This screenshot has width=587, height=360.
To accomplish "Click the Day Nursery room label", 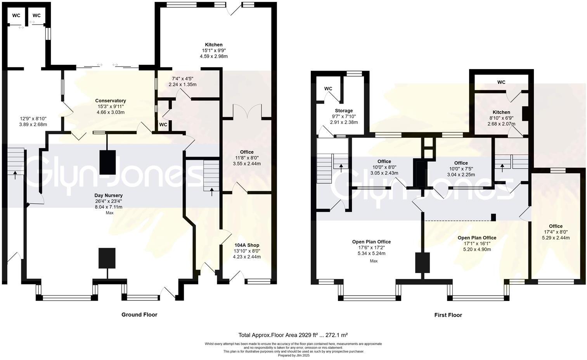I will pyautogui.click(x=109, y=196).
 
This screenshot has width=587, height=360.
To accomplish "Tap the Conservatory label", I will pyautogui.click(x=111, y=101).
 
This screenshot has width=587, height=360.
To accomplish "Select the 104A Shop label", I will pyautogui.click(x=247, y=245).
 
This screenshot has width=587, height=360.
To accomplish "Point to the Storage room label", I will pyautogui.click(x=344, y=111).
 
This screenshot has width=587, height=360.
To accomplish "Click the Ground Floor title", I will pyautogui.click(x=139, y=315).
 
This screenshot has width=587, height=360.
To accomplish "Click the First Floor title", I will pyautogui.click(x=448, y=315).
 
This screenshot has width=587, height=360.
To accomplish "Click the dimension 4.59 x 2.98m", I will pyautogui.click(x=213, y=56).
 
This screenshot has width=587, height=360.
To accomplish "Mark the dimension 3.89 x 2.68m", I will pyautogui.click(x=33, y=125).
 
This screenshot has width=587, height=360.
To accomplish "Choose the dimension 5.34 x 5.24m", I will pyautogui.click(x=371, y=253).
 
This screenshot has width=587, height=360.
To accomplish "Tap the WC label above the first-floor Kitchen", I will pyautogui.click(x=501, y=82).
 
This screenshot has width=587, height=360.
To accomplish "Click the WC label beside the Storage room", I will pyautogui.click(x=328, y=89).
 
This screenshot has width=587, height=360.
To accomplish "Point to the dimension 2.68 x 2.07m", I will pyautogui.click(x=501, y=124).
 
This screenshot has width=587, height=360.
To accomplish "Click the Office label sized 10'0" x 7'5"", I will pyautogui.click(x=461, y=163).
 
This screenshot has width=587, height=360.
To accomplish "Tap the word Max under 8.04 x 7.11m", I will pyautogui.click(x=109, y=213).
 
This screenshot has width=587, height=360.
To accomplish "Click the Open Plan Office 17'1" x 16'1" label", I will pyautogui.click(x=477, y=238).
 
